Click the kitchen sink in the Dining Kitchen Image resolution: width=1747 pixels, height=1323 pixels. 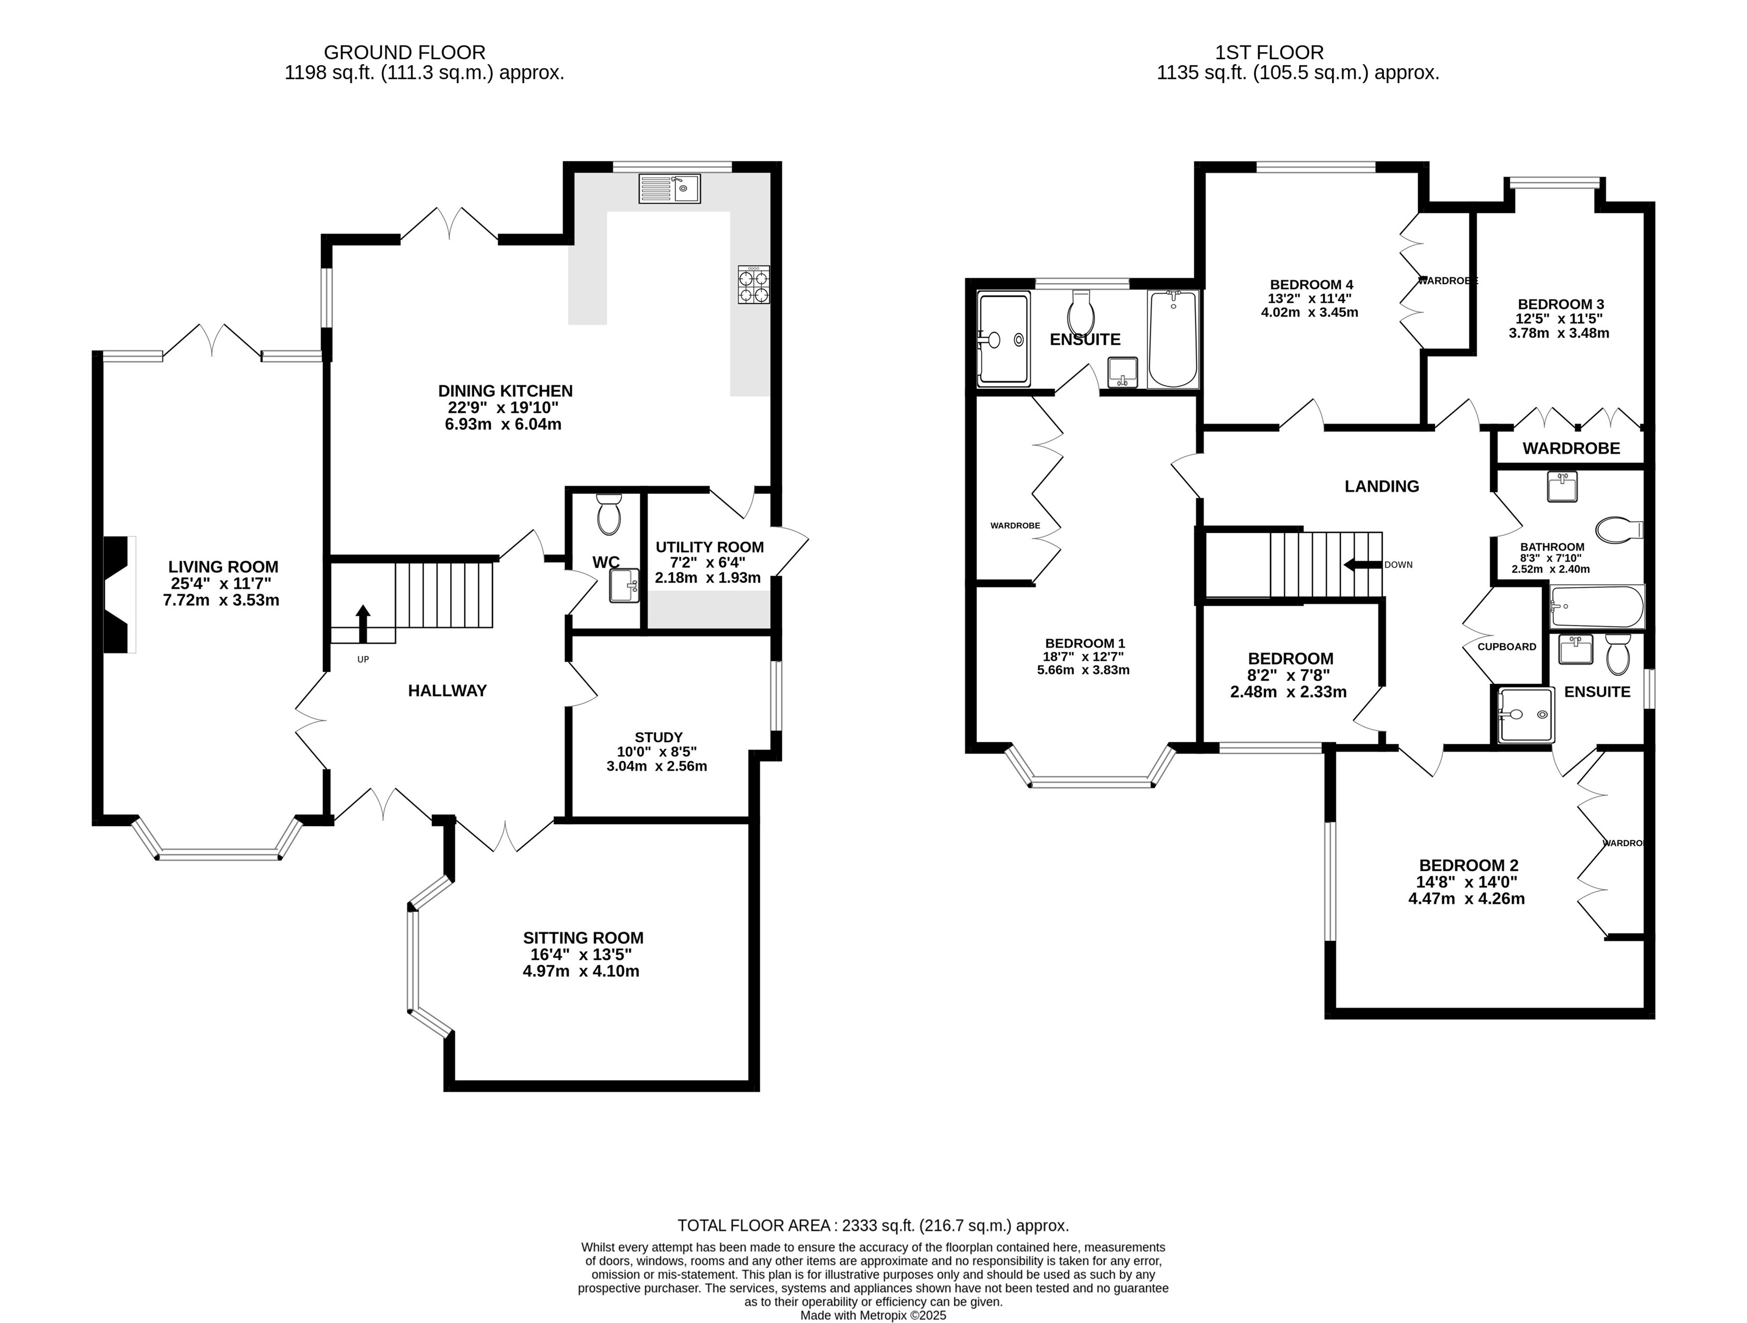[x=669, y=188]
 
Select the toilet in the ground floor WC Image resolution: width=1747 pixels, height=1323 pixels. [x=609, y=515]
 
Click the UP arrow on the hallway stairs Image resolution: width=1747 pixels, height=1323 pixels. [x=363, y=624]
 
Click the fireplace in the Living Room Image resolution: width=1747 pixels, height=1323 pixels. [x=119, y=595]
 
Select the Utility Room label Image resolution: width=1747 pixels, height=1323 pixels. [x=709, y=547]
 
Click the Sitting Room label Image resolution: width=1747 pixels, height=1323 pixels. [x=583, y=938]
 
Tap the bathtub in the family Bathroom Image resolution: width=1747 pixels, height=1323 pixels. [x=1597, y=606]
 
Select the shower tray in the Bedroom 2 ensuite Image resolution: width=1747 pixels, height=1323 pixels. [x=1526, y=714]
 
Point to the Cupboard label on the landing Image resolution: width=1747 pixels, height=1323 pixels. [x=1507, y=646]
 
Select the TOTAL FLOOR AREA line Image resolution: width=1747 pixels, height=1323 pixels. [x=873, y=1226]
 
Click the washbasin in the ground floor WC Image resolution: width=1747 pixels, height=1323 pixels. [x=624, y=586]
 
